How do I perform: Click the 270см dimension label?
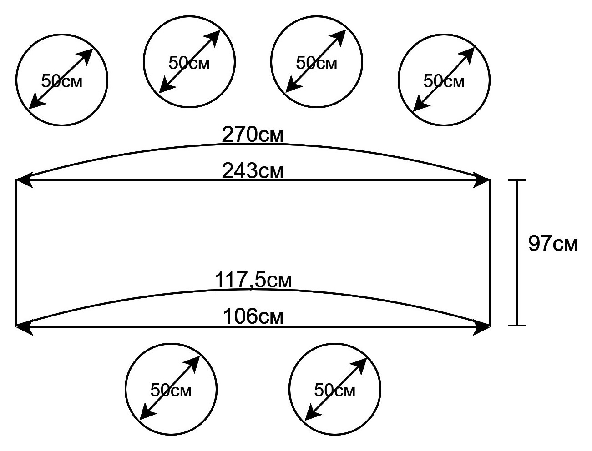point(253,135)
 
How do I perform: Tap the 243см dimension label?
point(253,171)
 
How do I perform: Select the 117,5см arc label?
point(253,280)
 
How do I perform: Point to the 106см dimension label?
point(253,316)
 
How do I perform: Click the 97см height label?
point(553,244)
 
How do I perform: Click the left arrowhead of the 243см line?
point(24,180)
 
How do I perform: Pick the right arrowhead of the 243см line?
point(481,180)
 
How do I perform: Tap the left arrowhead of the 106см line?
point(24,327)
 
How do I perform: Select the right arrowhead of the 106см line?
point(481,327)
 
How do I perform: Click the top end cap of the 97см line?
point(517,180)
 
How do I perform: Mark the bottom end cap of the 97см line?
point(517,326)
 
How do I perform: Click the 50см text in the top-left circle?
point(61,81)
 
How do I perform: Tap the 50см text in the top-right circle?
point(444,81)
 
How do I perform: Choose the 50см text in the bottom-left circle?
point(171,390)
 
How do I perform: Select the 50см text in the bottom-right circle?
point(335,390)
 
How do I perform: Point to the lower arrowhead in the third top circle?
point(293,85)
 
